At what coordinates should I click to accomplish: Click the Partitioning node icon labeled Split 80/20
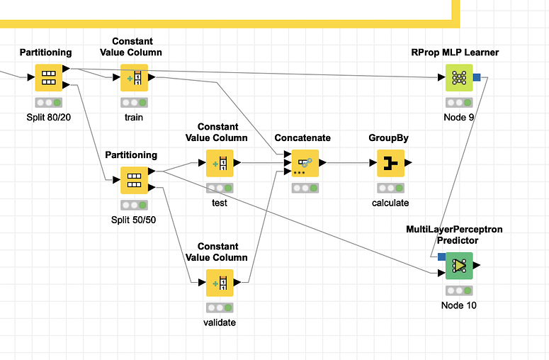48,78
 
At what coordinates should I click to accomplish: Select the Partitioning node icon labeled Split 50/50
134,180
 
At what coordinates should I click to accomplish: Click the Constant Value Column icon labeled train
134,78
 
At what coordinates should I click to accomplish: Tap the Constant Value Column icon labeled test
220,163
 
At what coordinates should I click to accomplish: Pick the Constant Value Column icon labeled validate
220,283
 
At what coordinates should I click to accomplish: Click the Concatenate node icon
305,163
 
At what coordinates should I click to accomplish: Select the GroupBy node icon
390,163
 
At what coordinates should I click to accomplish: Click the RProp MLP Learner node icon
459,78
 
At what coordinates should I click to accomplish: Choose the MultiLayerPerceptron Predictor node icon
459,266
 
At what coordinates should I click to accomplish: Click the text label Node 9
459,118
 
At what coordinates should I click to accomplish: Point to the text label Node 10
459,305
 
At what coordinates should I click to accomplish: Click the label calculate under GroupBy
390,203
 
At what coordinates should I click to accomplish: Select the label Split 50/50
134,220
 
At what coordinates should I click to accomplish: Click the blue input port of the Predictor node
441,257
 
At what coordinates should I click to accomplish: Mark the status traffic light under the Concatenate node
305,188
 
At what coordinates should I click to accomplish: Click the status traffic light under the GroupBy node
390,188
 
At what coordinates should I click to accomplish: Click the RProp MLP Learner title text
455,52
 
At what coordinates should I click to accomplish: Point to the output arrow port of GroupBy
408,163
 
